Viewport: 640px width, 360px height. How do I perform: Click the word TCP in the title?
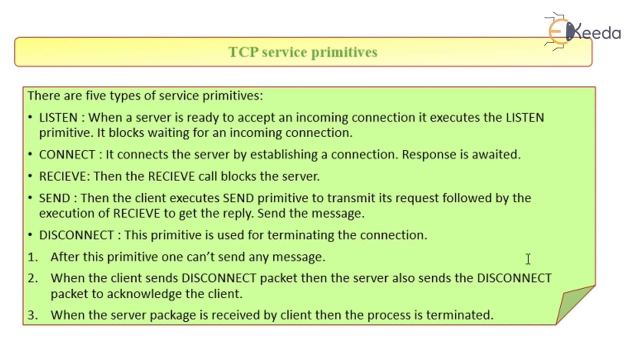tap(243, 52)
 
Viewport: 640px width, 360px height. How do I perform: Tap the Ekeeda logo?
tap(582, 31)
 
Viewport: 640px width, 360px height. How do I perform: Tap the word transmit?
tap(351, 198)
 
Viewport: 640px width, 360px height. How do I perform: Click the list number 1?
tap(32, 257)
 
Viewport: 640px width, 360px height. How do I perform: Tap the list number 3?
tap(32, 315)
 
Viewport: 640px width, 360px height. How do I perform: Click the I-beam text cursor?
tap(528, 259)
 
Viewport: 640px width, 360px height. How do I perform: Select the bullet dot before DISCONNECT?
tap(30, 235)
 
